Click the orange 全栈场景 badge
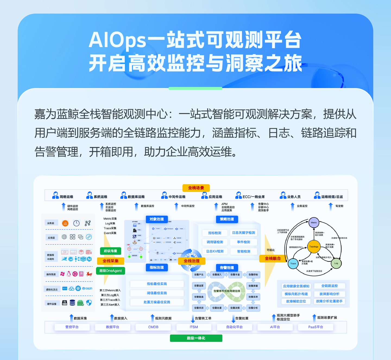(196, 188)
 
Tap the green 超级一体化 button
(196, 338)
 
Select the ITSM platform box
(194, 327)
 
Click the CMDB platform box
(153, 327)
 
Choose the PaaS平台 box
(316, 327)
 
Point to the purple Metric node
(314, 223)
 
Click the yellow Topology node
(314, 246)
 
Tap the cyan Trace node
(293, 263)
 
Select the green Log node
(336, 263)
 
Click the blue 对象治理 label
(157, 219)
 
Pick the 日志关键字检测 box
(243, 233)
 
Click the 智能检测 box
(244, 251)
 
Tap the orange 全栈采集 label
(110, 261)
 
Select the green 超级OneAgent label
(111, 271)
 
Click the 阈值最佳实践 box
(157, 293)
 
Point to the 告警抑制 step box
(253, 275)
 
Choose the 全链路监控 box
(329, 286)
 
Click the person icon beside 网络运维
(55, 195)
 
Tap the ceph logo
(87, 288)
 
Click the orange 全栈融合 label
(273, 258)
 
